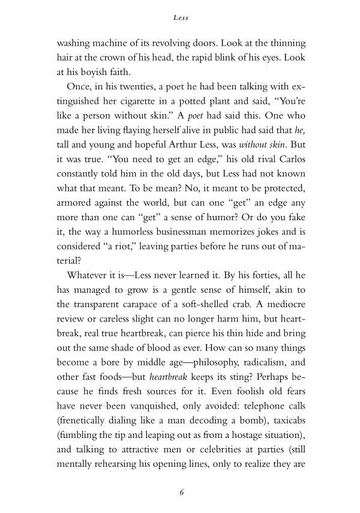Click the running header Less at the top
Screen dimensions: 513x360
[180, 18]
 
